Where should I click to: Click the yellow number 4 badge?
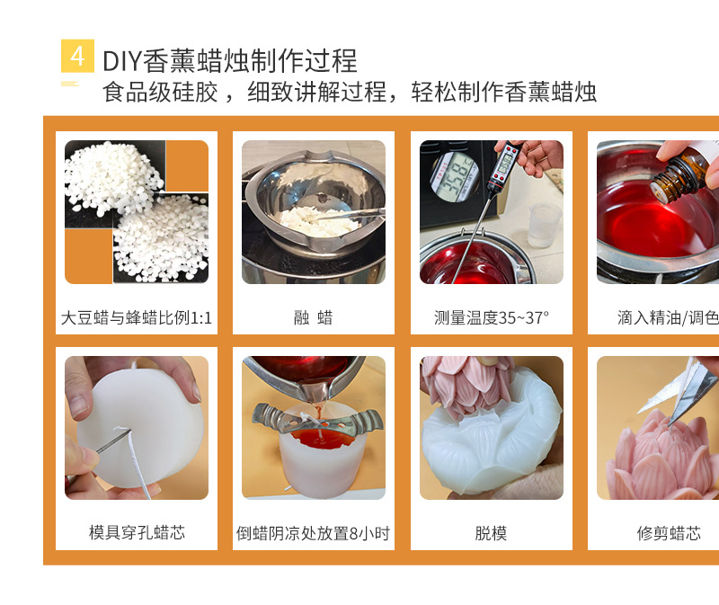[x=77, y=57]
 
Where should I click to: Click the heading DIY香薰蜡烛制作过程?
[x=230, y=60]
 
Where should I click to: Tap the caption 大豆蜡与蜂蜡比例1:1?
[x=137, y=317]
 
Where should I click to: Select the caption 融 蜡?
[x=313, y=317]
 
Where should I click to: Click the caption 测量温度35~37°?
[x=491, y=317]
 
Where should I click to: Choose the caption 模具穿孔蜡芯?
[x=137, y=532]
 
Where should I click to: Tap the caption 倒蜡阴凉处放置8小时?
[x=313, y=533]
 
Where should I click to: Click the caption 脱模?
[x=491, y=533]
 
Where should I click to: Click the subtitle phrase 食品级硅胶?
[x=161, y=92]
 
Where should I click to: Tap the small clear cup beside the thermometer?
[x=544, y=224]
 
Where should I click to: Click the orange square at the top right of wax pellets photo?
[x=187, y=165]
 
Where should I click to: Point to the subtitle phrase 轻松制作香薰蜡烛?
[x=504, y=92]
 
